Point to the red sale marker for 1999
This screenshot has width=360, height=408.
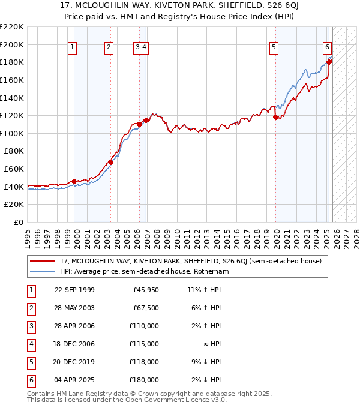74,181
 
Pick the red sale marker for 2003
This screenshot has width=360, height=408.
111,162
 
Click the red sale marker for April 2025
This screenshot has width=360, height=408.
329,62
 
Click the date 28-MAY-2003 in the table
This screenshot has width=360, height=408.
74,308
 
